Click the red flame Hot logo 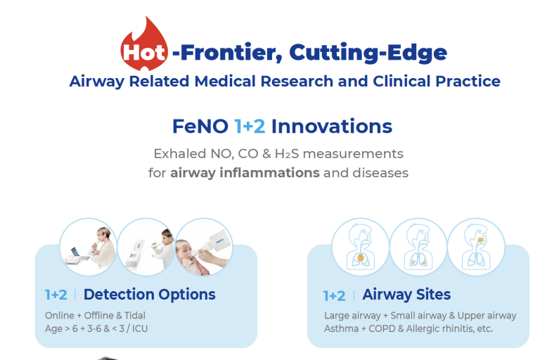tap(144, 44)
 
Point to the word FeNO tap(200, 126)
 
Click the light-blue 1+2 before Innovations tap(250, 126)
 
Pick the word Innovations tap(332, 126)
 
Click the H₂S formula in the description tap(287, 154)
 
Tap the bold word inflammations tap(269, 172)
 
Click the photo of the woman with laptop tap(89, 247)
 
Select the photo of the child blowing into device tap(146, 247)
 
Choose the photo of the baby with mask tap(204, 247)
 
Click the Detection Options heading tap(150, 295)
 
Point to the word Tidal tap(135, 315)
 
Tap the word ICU tap(140, 328)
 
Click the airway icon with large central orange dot tap(361, 247)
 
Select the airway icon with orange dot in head tap(476, 247)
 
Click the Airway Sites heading tap(406, 295)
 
